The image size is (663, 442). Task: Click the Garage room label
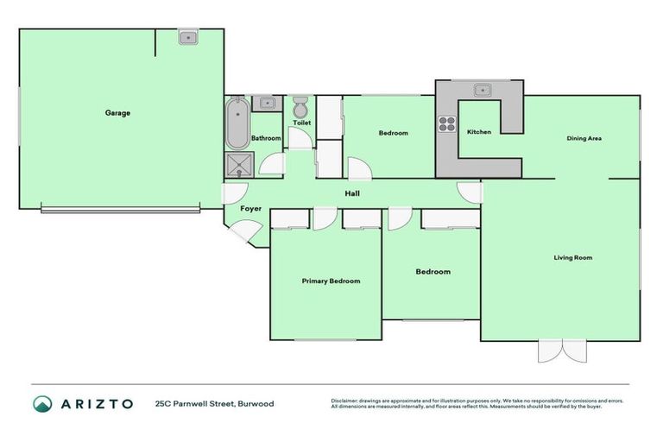tap(117, 113)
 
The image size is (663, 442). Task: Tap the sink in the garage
tap(188, 37)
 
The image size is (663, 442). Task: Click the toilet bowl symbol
tap(300, 108)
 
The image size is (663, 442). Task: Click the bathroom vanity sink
tap(268, 104)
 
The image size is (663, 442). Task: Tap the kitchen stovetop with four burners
tap(447, 123)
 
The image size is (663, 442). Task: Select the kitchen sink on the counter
tap(480, 88)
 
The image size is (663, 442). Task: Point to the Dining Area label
tap(584, 138)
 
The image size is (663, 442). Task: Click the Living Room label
tap(572, 257)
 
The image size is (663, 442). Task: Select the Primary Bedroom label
tap(331, 281)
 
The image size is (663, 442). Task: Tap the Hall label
tap(352, 193)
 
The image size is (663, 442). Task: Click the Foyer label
tap(250, 209)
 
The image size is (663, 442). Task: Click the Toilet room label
tap(301, 123)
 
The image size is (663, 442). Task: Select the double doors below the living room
tap(562, 351)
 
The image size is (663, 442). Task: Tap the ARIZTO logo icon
tap(42, 403)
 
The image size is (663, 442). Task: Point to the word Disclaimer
tap(344, 401)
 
